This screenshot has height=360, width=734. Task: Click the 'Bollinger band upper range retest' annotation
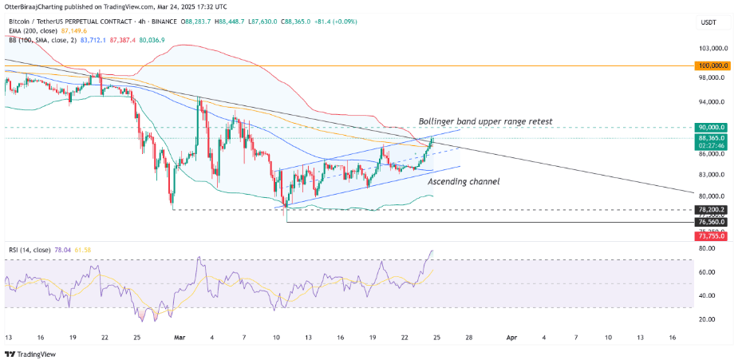tap(486, 121)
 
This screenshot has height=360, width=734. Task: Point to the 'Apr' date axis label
tap(511, 338)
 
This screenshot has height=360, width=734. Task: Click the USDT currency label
tap(708, 24)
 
